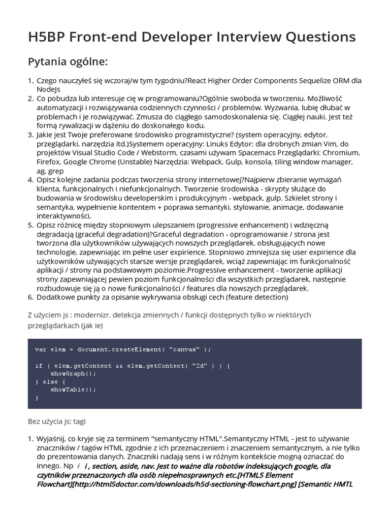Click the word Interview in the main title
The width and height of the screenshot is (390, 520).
(240, 37)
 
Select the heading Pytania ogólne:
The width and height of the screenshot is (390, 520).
(68, 62)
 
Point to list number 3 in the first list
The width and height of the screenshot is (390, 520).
(30, 135)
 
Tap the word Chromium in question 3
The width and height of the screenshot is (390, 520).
(342, 153)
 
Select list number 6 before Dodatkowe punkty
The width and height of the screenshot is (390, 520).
(30, 297)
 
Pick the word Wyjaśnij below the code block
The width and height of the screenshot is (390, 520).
(52, 438)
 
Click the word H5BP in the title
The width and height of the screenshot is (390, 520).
(48, 37)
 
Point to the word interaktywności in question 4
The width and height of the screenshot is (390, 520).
(62, 216)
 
